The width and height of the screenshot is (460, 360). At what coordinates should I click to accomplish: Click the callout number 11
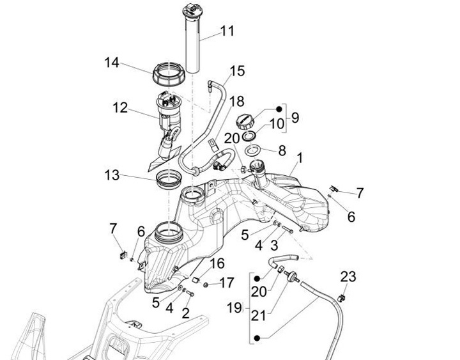coord(227,31)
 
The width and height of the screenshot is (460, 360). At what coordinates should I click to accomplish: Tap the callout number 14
coord(112,63)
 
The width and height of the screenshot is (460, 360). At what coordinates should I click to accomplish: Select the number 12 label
coord(120,108)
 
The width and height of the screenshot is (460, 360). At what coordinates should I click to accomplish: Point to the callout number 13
coord(112,174)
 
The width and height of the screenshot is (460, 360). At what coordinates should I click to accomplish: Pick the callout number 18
coord(236,101)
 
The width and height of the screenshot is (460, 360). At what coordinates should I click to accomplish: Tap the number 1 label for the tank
coord(300,157)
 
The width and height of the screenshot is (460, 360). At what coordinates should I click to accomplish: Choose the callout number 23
coord(348,278)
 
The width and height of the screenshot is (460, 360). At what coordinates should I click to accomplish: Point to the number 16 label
coord(218,263)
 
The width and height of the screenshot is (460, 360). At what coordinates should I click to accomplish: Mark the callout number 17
coord(227,282)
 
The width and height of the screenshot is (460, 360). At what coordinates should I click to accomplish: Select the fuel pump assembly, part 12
coord(169,115)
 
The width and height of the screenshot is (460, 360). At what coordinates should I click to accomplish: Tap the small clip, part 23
coord(342,297)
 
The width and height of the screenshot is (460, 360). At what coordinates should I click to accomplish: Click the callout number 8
coord(281,151)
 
